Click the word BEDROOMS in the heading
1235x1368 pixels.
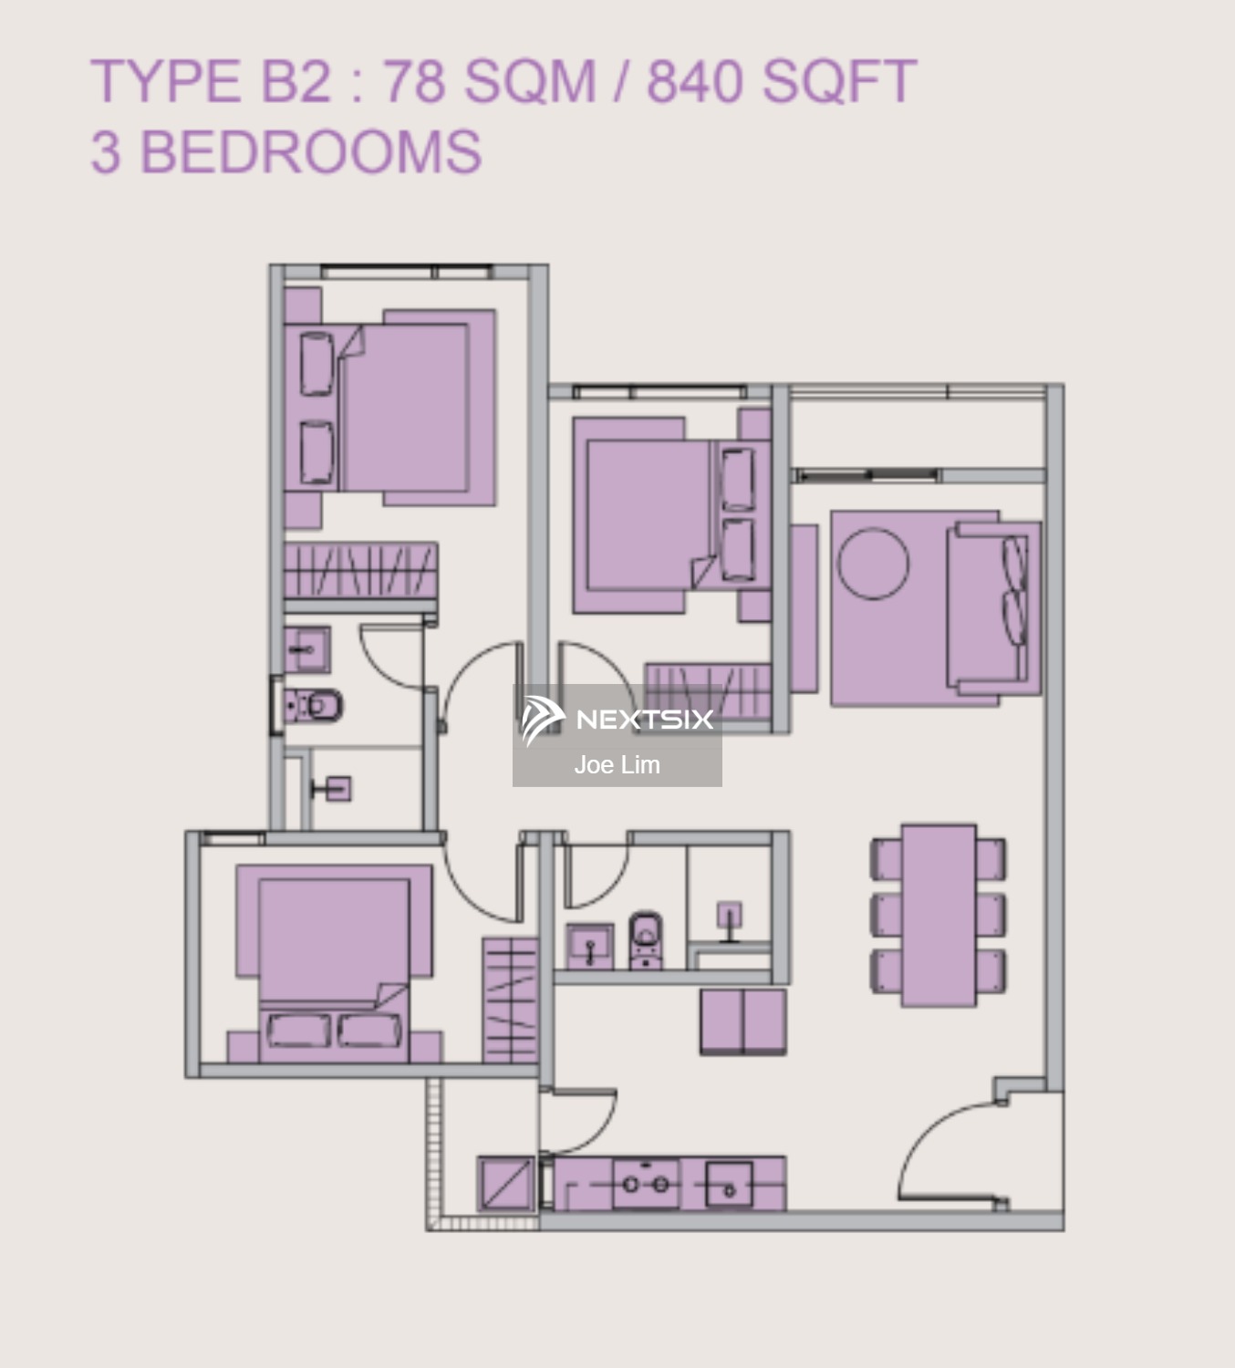pyautogui.click(x=310, y=151)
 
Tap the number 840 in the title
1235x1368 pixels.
pyautogui.click(x=698, y=81)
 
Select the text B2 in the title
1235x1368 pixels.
pyautogui.click(x=296, y=81)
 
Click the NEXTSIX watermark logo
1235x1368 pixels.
pyautogui.click(x=617, y=720)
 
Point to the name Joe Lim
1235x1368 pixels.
pyautogui.click(x=617, y=765)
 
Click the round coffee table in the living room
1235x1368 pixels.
pyautogui.click(x=873, y=563)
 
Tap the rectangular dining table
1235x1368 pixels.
pyautogui.click(x=939, y=915)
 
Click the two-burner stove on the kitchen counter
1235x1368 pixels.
pyautogui.click(x=646, y=1185)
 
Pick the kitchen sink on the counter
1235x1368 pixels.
pyautogui.click(x=729, y=1185)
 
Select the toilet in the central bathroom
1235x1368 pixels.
pyautogui.click(x=646, y=939)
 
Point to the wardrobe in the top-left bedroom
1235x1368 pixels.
pyautogui.click(x=360, y=571)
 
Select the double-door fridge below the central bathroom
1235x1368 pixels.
pyautogui.click(x=743, y=1022)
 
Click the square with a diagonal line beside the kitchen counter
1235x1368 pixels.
pyautogui.click(x=506, y=1184)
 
